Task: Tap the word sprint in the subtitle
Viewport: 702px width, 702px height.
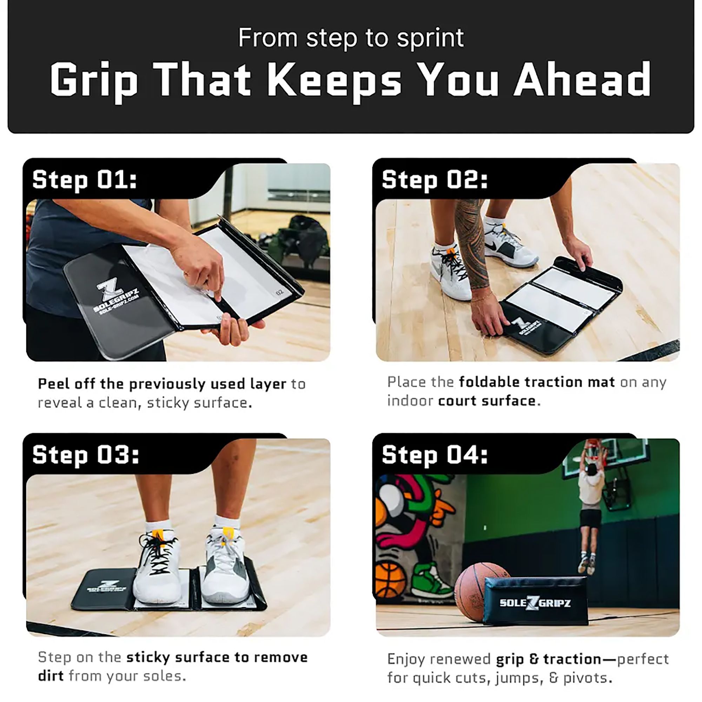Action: [x=430, y=38]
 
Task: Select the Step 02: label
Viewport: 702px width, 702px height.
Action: [x=434, y=179]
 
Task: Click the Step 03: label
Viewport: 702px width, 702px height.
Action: [x=85, y=455]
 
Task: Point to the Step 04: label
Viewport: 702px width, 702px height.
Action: [x=434, y=455]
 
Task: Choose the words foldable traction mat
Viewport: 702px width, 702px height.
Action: [x=537, y=382]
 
